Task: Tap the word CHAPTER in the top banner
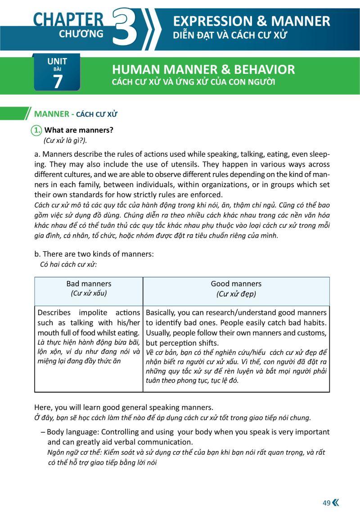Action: coord(68,19)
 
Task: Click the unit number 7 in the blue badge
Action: coord(58,81)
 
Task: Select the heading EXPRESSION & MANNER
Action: coord(252,21)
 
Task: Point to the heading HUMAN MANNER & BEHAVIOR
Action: coord(203,69)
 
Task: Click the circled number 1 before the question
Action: coord(36,130)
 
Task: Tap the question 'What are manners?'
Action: coord(79,130)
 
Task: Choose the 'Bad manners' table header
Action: coord(89,284)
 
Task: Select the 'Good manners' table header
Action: coord(236,284)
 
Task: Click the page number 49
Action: coord(326,503)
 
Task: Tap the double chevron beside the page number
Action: coord(335,503)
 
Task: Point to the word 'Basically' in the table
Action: coord(161,312)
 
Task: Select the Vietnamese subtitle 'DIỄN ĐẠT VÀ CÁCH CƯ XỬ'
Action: coord(229,35)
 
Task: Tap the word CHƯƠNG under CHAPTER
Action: coord(81,34)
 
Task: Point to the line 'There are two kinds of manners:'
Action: coord(94,254)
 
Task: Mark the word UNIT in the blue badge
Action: coord(57,62)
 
